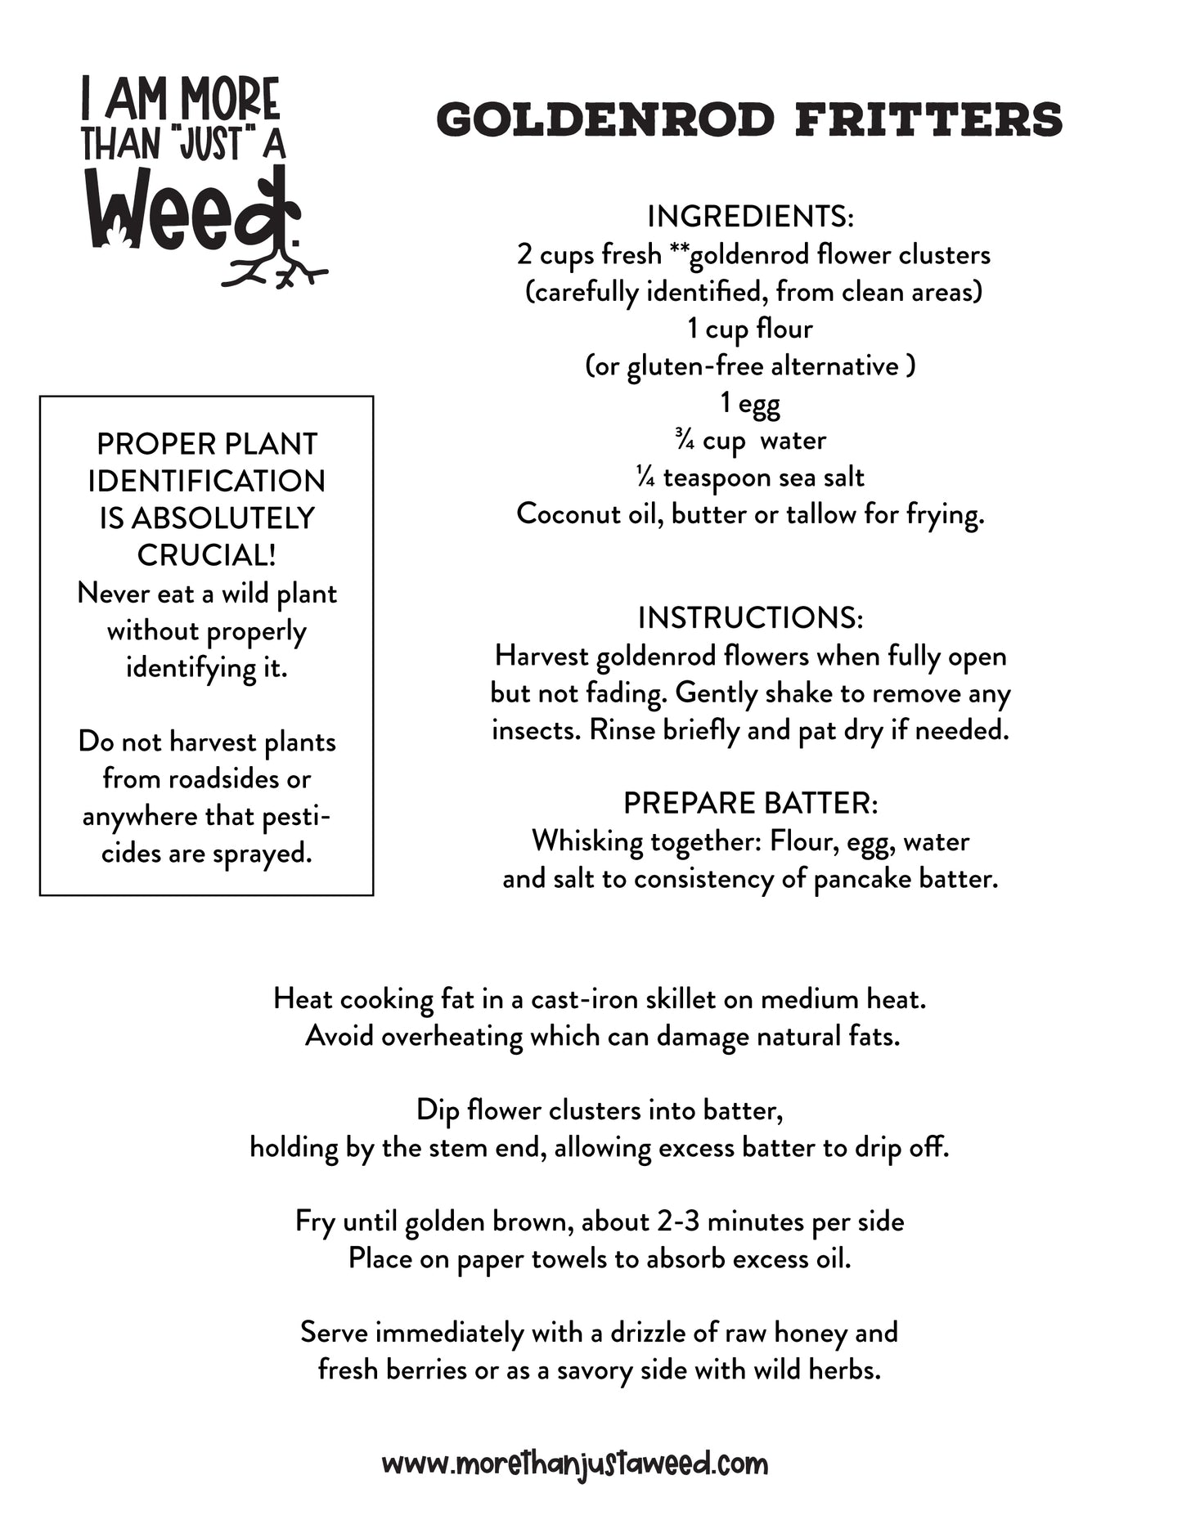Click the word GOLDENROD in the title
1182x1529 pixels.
click(x=605, y=120)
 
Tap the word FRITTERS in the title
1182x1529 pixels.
click(x=928, y=120)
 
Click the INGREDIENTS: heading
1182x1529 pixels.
click(x=750, y=217)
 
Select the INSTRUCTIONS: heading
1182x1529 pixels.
click(x=750, y=618)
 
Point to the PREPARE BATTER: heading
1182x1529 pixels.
click(x=750, y=804)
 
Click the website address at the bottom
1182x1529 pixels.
click(x=575, y=1463)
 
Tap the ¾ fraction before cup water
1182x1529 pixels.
click(x=685, y=440)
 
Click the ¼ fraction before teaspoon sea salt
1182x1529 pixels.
click(x=645, y=478)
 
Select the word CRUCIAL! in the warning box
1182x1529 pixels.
click(x=206, y=556)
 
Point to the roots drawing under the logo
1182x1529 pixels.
click(x=274, y=270)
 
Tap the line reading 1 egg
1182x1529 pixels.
click(x=750, y=403)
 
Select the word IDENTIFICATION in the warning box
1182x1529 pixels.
click(x=206, y=482)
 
